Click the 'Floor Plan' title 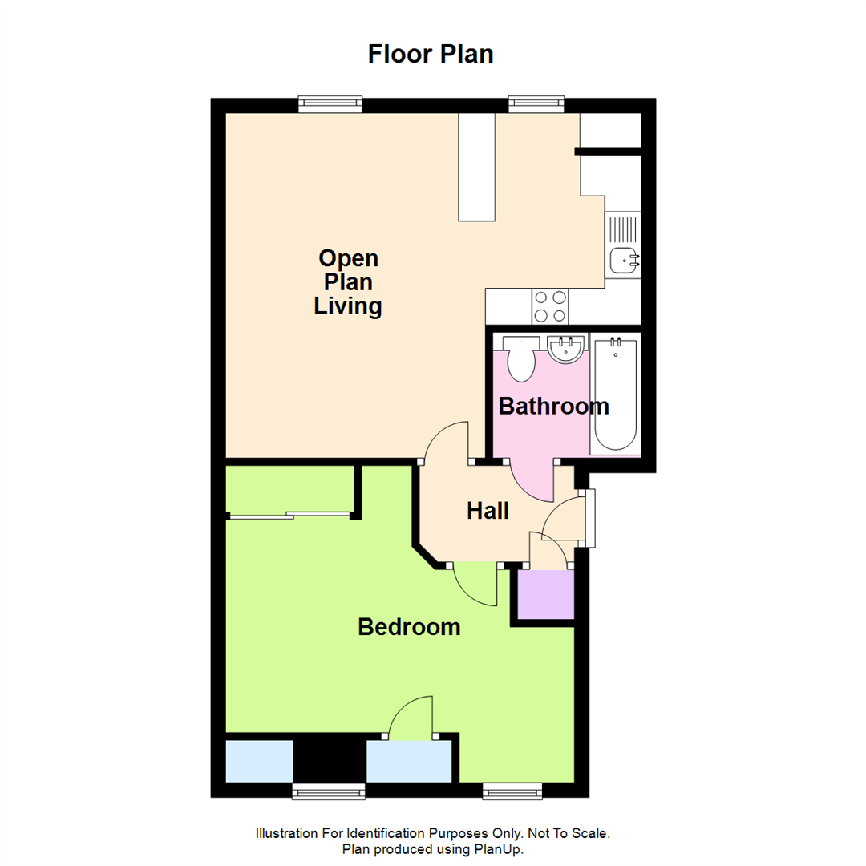tap(431, 54)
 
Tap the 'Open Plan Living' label tap(347, 282)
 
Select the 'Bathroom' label tap(553, 407)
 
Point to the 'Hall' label tap(488, 511)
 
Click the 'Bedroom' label tap(409, 627)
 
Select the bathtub tap(615, 395)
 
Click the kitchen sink tap(624, 259)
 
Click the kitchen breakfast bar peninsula tap(477, 167)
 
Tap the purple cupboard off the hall tap(546, 595)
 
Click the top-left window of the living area tap(330, 103)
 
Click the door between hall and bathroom tap(531, 480)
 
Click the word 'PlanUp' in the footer tap(504, 848)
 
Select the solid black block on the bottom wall tap(330, 761)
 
